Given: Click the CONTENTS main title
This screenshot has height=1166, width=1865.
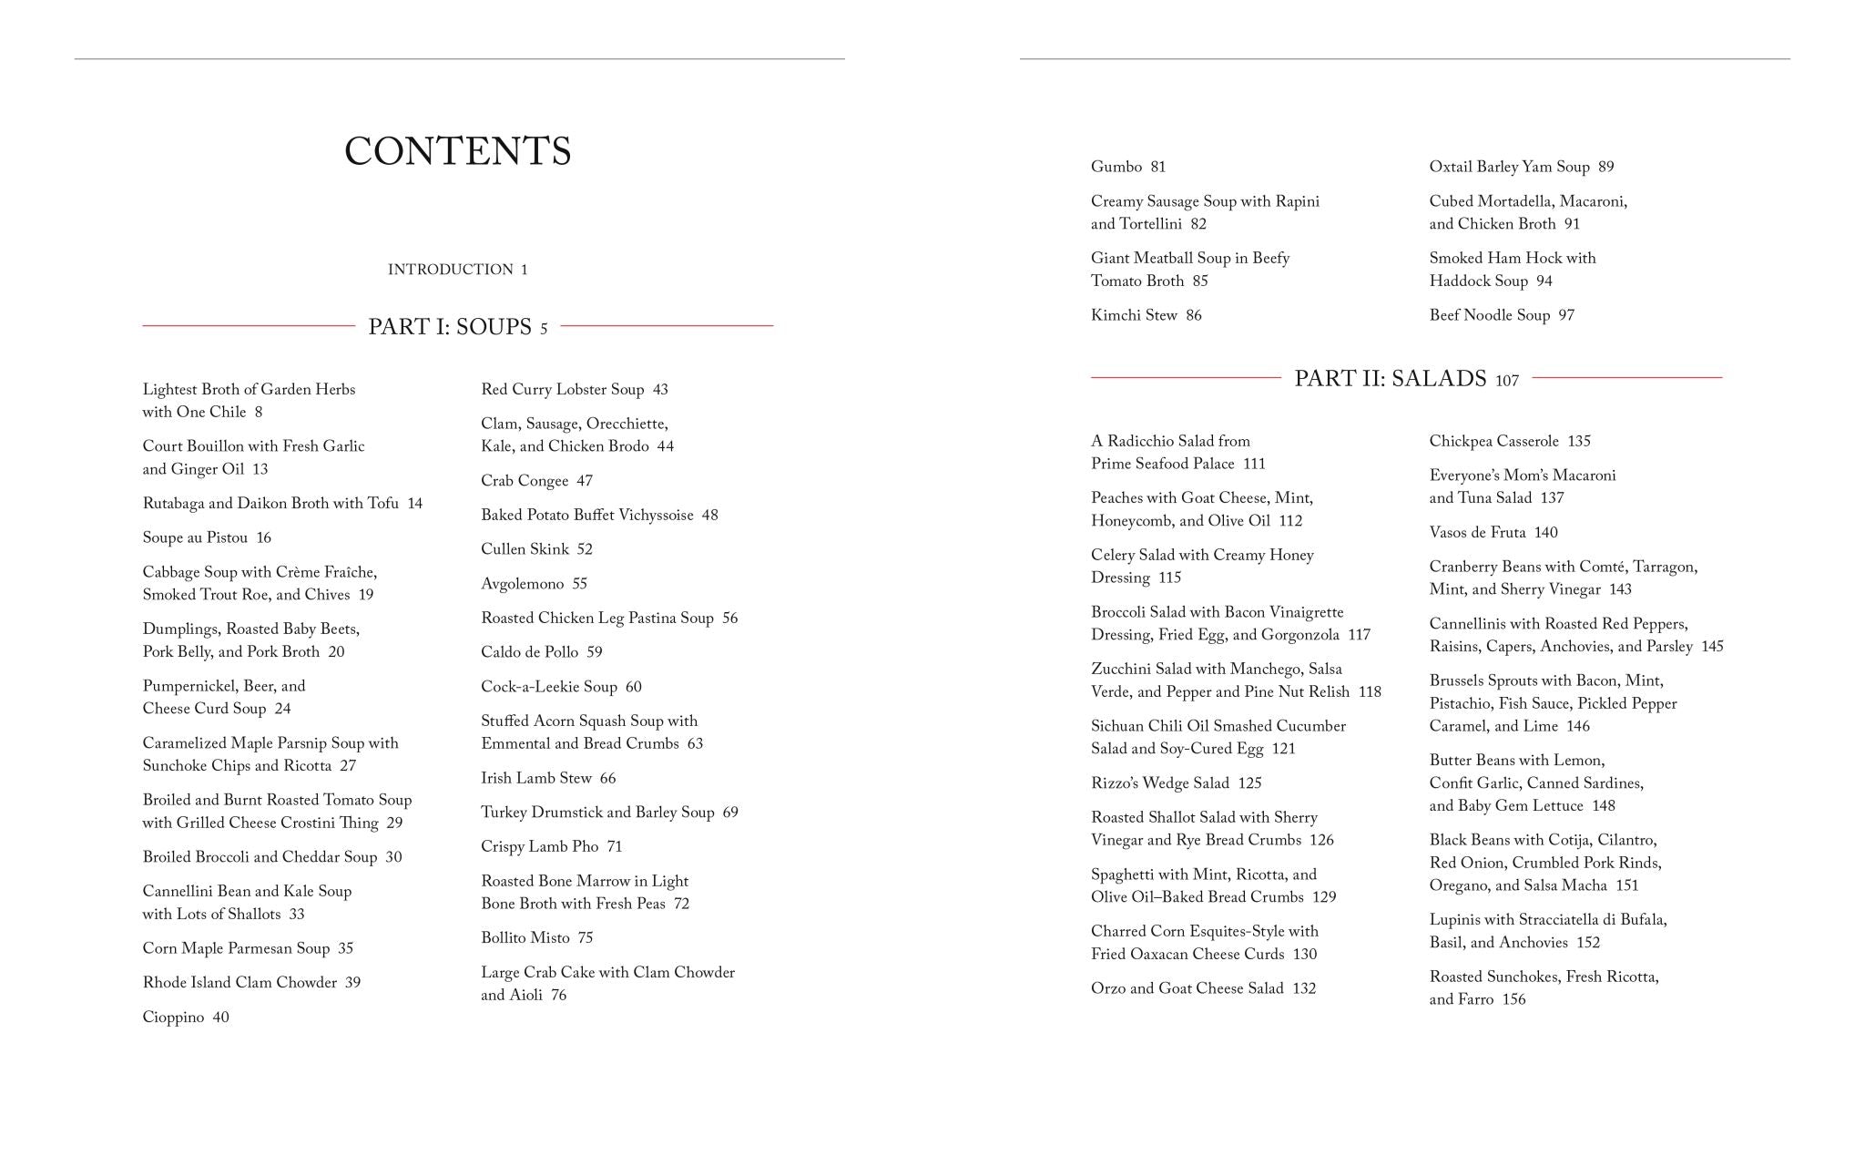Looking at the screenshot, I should click(x=457, y=151).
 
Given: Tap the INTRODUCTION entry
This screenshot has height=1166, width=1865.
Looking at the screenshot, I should click(x=457, y=270).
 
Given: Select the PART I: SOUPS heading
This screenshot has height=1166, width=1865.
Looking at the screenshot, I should click(x=450, y=326).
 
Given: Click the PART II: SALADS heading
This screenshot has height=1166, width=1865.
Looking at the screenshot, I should click(x=1391, y=378).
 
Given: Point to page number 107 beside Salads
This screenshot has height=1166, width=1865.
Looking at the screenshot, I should click(x=1507, y=381).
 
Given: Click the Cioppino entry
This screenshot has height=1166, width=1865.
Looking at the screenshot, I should click(x=186, y=1017).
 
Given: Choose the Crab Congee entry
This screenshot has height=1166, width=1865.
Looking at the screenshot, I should click(x=536, y=481).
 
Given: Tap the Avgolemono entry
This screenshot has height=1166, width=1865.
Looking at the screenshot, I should click(x=534, y=584).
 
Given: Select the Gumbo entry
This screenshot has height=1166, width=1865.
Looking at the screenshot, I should click(x=1127, y=167).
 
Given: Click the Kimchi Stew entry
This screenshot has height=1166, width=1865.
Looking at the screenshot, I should click(x=1146, y=315).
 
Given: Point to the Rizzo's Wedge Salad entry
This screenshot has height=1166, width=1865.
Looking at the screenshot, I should click(x=1176, y=783).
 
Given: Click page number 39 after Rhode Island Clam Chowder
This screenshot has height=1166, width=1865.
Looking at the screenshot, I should click(x=352, y=983).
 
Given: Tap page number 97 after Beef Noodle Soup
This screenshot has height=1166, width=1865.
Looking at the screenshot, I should click(x=1566, y=315).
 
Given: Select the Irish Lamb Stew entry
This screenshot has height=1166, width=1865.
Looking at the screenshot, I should click(x=548, y=778).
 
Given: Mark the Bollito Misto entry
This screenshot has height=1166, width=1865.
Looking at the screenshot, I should click(x=536, y=938).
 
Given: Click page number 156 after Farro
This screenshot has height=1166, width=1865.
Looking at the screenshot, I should click(x=1513, y=999).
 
